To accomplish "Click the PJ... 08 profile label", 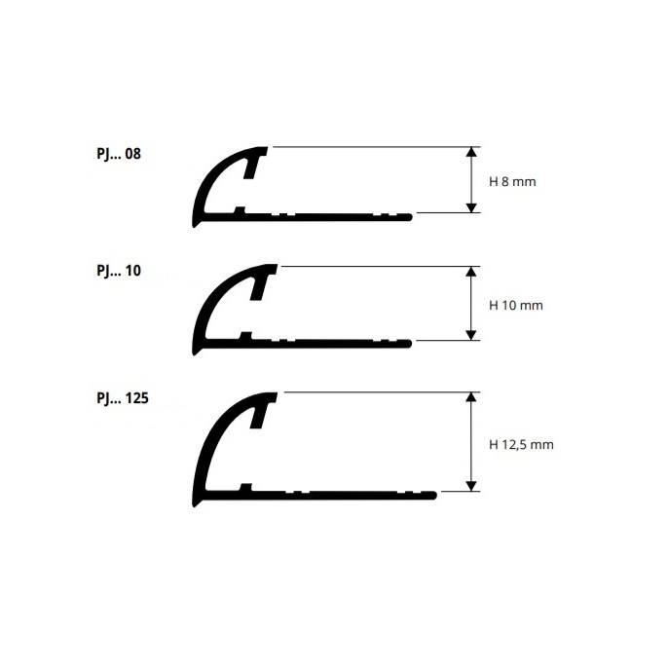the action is point(119,154).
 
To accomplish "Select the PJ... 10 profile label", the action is point(119,271).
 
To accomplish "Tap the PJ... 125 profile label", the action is point(123,398).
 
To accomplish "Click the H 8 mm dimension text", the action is point(512,182).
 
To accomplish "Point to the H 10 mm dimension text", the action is point(516,306).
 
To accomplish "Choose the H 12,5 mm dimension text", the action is point(521,445).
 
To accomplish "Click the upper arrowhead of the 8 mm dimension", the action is point(471,152).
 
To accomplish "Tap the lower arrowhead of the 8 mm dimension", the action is point(471,207).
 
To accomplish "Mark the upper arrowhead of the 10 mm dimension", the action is point(471,272).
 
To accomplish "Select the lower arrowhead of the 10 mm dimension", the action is point(471,335).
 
